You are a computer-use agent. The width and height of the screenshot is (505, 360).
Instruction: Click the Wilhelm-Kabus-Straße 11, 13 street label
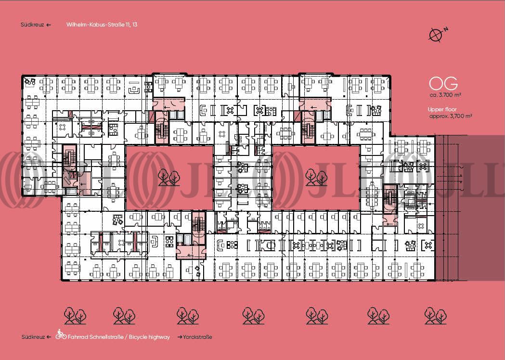click(102, 25)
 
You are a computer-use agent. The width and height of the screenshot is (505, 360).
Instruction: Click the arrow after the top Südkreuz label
click(49, 25)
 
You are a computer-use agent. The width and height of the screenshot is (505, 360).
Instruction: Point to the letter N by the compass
click(446, 29)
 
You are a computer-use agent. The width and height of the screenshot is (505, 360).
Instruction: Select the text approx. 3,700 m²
click(450, 116)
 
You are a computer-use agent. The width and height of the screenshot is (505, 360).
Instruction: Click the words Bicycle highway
click(148, 337)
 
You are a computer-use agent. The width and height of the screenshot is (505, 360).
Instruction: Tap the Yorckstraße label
click(197, 337)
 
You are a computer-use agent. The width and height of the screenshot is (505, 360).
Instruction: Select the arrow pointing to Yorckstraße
click(180, 337)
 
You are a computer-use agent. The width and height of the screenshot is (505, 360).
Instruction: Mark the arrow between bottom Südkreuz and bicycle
click(49, 337)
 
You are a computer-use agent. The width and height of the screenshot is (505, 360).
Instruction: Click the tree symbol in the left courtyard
click(168, 177)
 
